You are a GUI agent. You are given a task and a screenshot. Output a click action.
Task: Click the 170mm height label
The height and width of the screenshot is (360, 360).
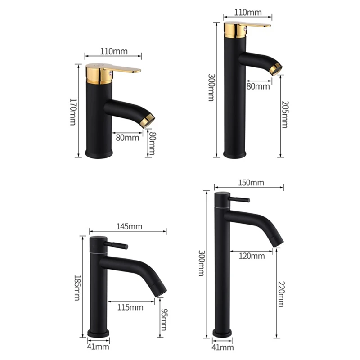73,111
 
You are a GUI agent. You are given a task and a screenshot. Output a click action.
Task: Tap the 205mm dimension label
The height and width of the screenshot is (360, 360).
283,115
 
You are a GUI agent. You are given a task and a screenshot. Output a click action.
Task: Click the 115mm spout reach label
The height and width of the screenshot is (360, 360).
130,307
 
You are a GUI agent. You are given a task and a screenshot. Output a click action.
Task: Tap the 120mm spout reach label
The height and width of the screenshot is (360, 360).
252,256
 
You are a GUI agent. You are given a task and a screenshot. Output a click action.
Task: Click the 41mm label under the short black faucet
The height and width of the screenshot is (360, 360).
97,346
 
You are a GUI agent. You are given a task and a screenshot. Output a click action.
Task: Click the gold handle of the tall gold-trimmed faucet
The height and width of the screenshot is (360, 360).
254,25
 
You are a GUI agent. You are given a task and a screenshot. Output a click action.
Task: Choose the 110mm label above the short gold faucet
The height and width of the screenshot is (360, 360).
113,51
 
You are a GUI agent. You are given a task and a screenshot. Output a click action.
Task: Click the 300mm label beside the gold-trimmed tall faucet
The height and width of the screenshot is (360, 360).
211,87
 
